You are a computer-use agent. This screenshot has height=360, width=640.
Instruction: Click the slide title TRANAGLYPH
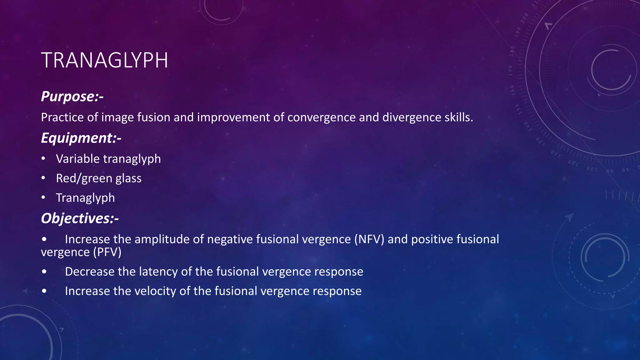pyautogui.click(x=104, y=60)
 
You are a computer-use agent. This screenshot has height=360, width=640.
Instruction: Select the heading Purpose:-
pyautogui.click(x=72, y=96)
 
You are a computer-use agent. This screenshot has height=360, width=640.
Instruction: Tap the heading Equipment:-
pyautogui.click(x=81, y=138)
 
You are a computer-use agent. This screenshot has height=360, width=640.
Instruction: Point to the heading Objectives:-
pyautogui.click(x=80, y=218)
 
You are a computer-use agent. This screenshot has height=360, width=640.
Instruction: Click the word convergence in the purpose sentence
pyautogui.click(x=321, y=117)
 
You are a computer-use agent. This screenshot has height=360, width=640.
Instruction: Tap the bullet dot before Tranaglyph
pyautogui.click(x=43, y=197)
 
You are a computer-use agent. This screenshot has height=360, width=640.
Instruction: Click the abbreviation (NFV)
pyautogui.click(x=369, y=239)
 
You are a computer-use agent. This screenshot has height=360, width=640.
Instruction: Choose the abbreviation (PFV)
pyautogui.click(x=107, y=252)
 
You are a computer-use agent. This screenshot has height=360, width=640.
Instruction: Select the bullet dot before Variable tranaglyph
pyautogui.click(x=43, y=159)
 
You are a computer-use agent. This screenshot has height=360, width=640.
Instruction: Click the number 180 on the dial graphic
pyautogui.click(x=512, y=51)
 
